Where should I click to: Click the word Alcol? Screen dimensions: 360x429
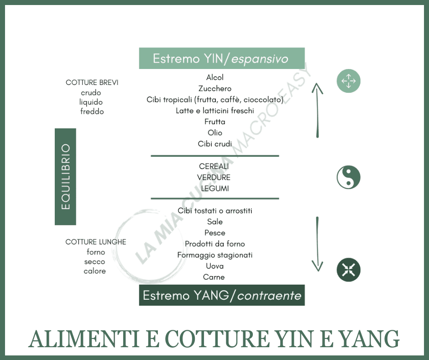(214, 78)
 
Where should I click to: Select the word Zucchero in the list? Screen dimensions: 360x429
(214, 89)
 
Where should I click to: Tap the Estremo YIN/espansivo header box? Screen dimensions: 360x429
(221, 58)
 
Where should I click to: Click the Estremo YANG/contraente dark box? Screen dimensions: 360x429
(221, 295)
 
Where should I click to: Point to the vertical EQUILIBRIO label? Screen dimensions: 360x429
(65, 177)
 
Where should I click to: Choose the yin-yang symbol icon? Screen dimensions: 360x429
(348, 177)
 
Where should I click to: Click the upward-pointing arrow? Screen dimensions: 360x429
(317, 110)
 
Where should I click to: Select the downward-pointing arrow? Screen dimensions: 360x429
(317, 244)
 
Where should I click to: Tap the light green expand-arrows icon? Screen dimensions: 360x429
(348, 81)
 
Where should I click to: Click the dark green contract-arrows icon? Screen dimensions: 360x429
(348, 270)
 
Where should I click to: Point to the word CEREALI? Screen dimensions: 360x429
(214, 167)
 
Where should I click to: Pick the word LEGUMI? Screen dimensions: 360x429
(214, 188)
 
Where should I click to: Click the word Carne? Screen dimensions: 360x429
(214, 277)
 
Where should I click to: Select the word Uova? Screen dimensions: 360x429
(214, 266)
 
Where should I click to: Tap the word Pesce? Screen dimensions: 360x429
(214, 233)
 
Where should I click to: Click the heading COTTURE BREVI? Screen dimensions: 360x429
(92, 83)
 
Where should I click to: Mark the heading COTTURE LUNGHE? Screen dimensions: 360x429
(96, 242)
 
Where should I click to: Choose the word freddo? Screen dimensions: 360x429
(92, 111)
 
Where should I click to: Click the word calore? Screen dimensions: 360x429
(95, 271)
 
